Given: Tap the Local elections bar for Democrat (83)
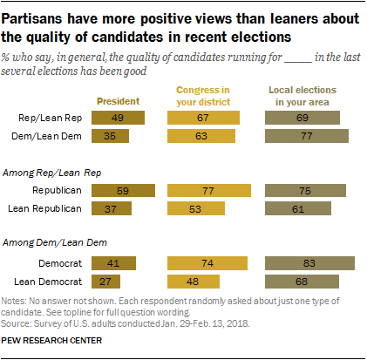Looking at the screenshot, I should tap(309, 262).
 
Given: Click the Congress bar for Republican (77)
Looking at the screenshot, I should tap(207, 190).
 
